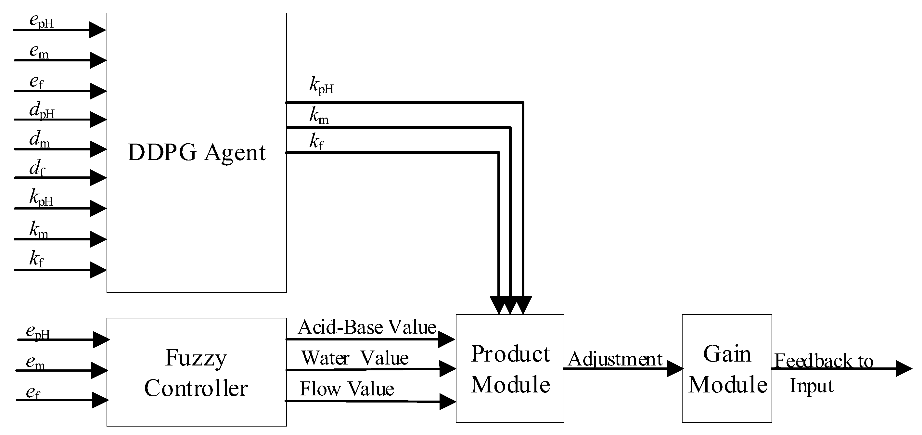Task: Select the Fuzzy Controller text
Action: point(196,373)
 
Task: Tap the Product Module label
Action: point(510,369)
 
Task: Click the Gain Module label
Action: point(727,369)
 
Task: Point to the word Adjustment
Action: point(615,359)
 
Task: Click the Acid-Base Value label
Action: point(367,327)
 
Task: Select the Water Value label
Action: point(355,358)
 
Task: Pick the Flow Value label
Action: point(346,389)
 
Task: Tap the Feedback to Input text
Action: point(823,372)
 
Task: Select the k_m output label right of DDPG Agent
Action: point(319,116)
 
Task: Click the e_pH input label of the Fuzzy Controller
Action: point(38,332)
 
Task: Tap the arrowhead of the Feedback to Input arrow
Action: point(903,369)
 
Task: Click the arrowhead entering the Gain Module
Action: point(674,369)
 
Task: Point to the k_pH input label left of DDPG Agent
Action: point(41,198)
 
